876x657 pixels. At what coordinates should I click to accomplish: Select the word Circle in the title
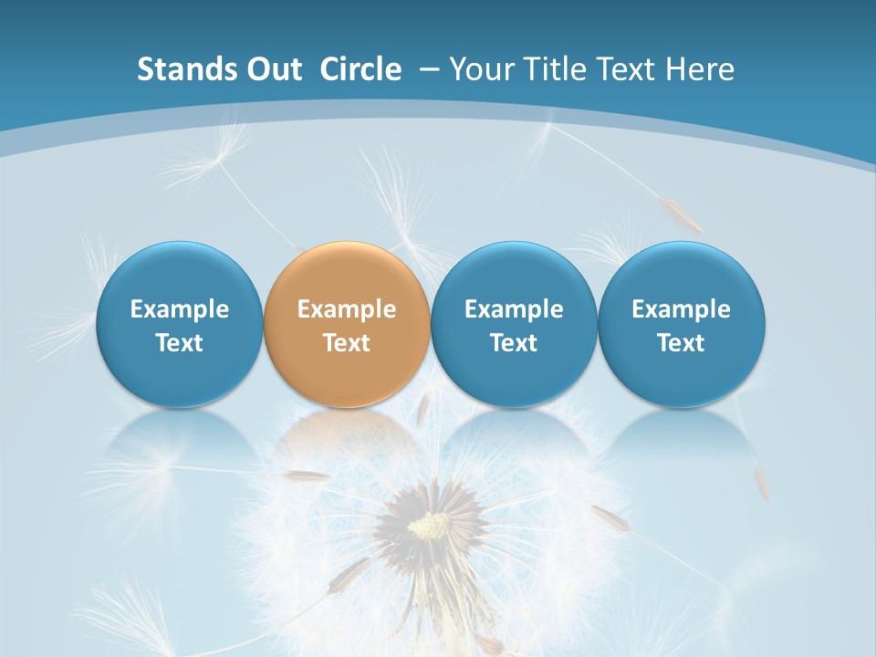click(360, 69)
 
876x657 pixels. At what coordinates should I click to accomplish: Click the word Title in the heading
click(552, 69)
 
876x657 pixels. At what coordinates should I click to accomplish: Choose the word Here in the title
click(699, 69)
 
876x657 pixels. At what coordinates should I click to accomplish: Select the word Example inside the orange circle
click(347, 309)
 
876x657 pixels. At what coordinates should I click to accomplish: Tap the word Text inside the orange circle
click(347, 343)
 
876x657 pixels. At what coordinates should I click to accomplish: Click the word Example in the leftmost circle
click(179, 309)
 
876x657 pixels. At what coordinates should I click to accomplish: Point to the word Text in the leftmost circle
click(179, 343)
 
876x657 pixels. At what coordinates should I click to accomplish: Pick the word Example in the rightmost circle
click(682, 309)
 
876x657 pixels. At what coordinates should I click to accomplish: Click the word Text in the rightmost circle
click(682, 343)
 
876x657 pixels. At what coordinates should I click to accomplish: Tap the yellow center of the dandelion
click(429, 525)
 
